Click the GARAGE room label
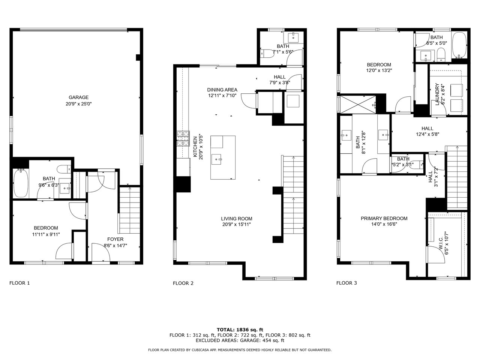click(x=78, y=97)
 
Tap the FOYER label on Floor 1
click(x=115, y=239)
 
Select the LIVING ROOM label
click(x=236, y=219)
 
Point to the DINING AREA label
click(x=222, y=90)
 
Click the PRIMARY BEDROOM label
click(x=384, y=218)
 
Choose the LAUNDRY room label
click(x=437, y=94)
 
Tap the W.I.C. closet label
click(x=441, y=243)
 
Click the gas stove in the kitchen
click(x=183, y=139)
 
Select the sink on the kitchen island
click(x=217, y=160)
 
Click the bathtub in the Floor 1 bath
click(x=21, y=183)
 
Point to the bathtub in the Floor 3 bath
click(x=459, y=45)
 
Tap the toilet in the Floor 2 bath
click(x=267, y=54)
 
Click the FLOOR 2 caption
click(x=183, y=283)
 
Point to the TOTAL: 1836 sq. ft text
click(x=240, y=330)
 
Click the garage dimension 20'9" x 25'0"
click(x=78, y=103)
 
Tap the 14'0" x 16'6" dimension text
click(x=384, y=224)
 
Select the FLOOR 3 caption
click(x=346, y=283)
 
